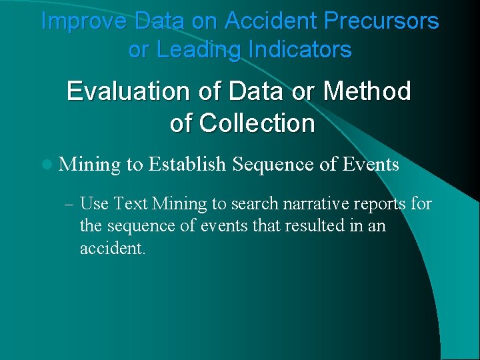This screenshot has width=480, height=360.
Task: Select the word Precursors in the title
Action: point(381,21)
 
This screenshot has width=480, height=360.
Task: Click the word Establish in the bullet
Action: point(187,164)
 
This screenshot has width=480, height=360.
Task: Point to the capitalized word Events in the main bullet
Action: point(371,164)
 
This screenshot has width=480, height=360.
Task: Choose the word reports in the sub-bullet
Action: point(377,203)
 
